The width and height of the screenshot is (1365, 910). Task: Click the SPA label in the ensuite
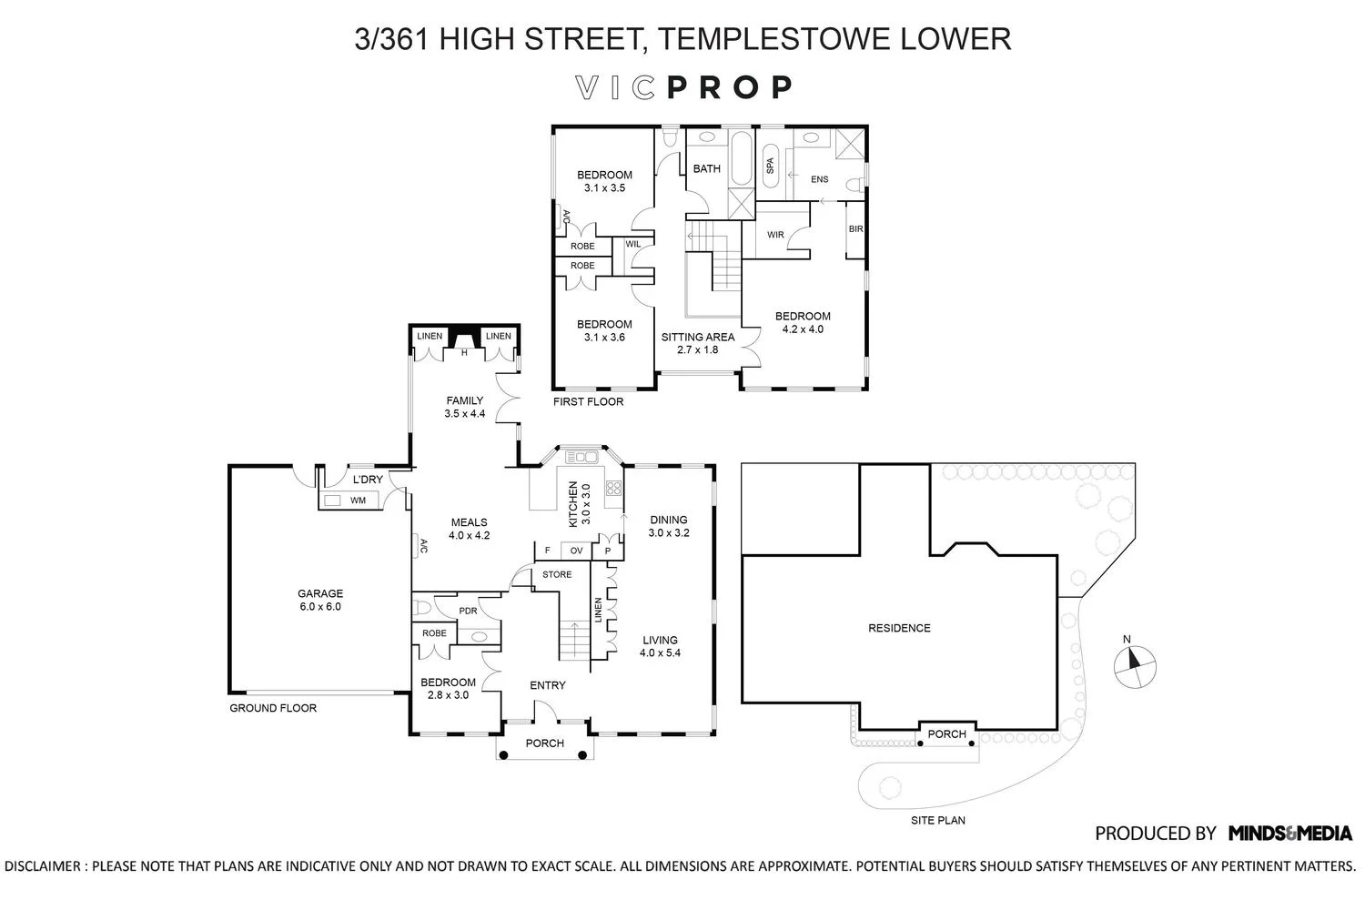click(x=770, y=166)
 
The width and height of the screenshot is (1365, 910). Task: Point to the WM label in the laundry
click(x=358, y=500)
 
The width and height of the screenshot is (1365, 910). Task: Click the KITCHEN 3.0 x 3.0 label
click(x=579, y=504)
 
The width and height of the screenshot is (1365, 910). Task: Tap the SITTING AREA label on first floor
click(x=697, y=343)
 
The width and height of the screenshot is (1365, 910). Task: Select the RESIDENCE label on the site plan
click(x=899, y=628)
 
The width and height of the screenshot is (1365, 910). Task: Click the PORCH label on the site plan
click(x=946, y=733)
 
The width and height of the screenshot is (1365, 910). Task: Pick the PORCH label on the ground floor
click(x=545, y=743)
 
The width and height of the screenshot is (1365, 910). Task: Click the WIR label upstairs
click(x=775, y=235)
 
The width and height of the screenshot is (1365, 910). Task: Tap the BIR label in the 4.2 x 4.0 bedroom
click(x=855, y=229)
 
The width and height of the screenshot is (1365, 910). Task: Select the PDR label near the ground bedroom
click(x=468, y=611)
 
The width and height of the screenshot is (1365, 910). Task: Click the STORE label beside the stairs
click(x=557, y=574)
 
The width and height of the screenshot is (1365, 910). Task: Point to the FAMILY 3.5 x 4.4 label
click(x=464, y=407)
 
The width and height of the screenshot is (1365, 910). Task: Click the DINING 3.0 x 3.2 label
click(x=669, y=526)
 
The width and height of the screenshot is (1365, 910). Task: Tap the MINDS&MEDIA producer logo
click(x=1289, y=833)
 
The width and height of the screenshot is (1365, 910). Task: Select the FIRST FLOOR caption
click(x=588, y=401)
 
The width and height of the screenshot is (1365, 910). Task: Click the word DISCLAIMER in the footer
click(x=45, y=865)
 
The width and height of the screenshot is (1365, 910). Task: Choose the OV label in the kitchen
click(x=576, y=551)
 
